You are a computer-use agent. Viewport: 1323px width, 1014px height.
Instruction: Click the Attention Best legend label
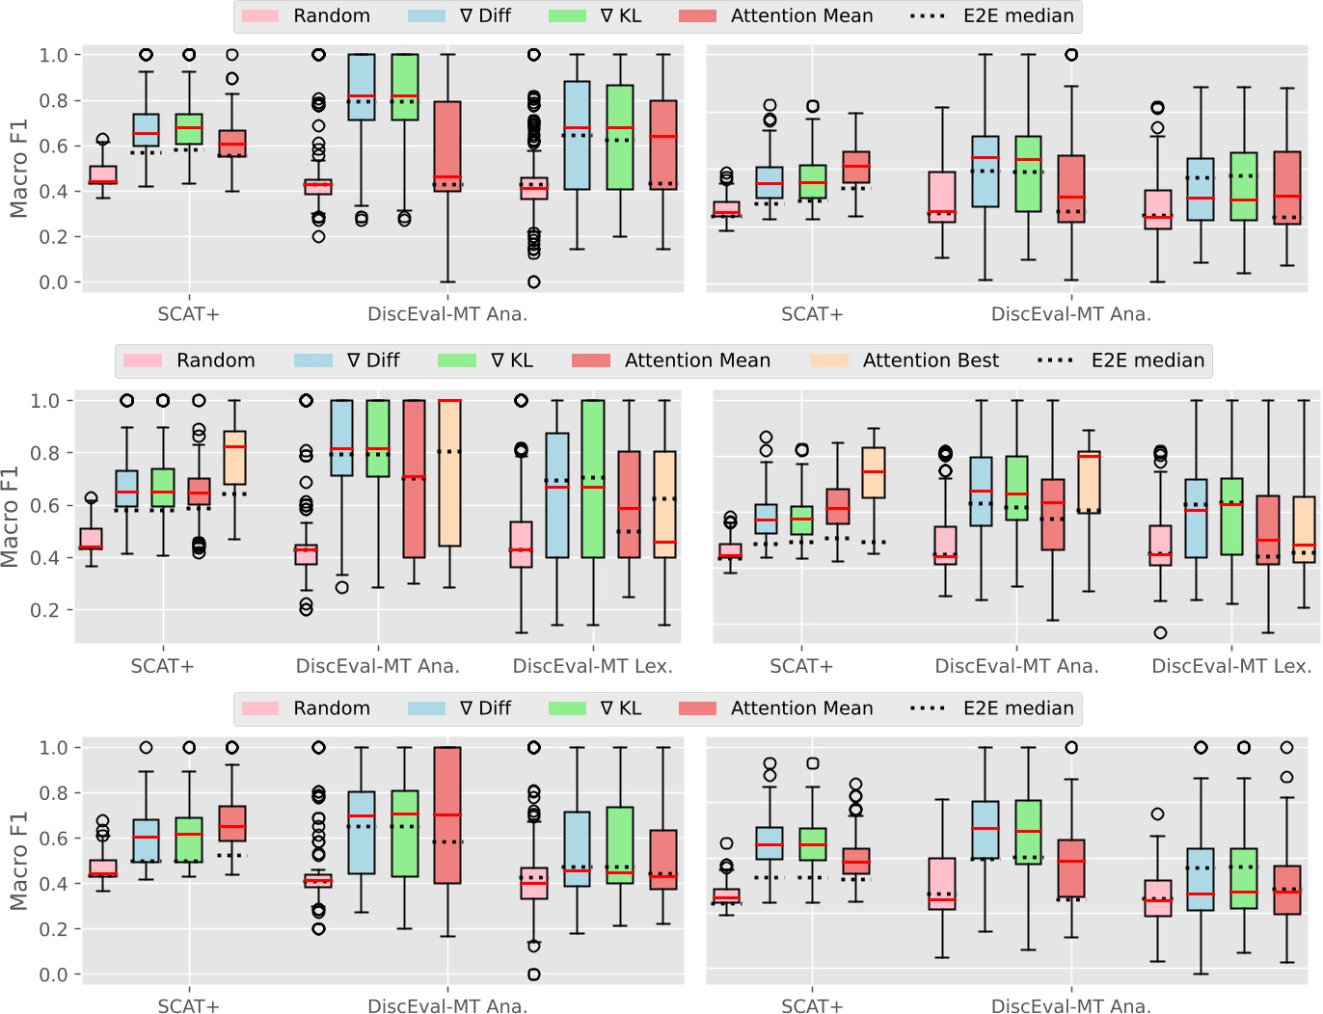930,360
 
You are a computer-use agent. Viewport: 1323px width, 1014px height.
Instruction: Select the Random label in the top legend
331,15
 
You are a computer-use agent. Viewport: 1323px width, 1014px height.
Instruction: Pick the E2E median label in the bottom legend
1017,708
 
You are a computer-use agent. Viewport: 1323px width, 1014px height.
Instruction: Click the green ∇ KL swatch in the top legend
567,15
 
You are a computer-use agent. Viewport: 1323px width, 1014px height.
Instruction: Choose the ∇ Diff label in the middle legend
372,360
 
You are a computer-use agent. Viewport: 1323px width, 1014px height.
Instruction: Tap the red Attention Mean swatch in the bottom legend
697,708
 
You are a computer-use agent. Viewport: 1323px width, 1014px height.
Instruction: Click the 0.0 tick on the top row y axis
53,282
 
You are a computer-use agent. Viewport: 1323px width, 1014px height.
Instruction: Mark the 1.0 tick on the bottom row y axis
53,748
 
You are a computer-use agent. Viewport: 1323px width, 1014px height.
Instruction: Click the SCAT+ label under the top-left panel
188,314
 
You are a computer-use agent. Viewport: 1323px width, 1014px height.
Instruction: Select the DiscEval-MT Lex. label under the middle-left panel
592,666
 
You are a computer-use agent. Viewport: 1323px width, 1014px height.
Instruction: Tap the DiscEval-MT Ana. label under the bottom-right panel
1070,1005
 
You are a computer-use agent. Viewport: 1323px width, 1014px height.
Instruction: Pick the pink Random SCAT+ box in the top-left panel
103,174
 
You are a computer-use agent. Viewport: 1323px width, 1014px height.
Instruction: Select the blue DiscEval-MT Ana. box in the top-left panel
361,87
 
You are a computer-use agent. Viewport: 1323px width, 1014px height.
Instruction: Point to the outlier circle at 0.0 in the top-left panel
533,282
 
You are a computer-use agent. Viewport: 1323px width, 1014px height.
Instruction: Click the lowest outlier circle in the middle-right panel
1160,633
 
